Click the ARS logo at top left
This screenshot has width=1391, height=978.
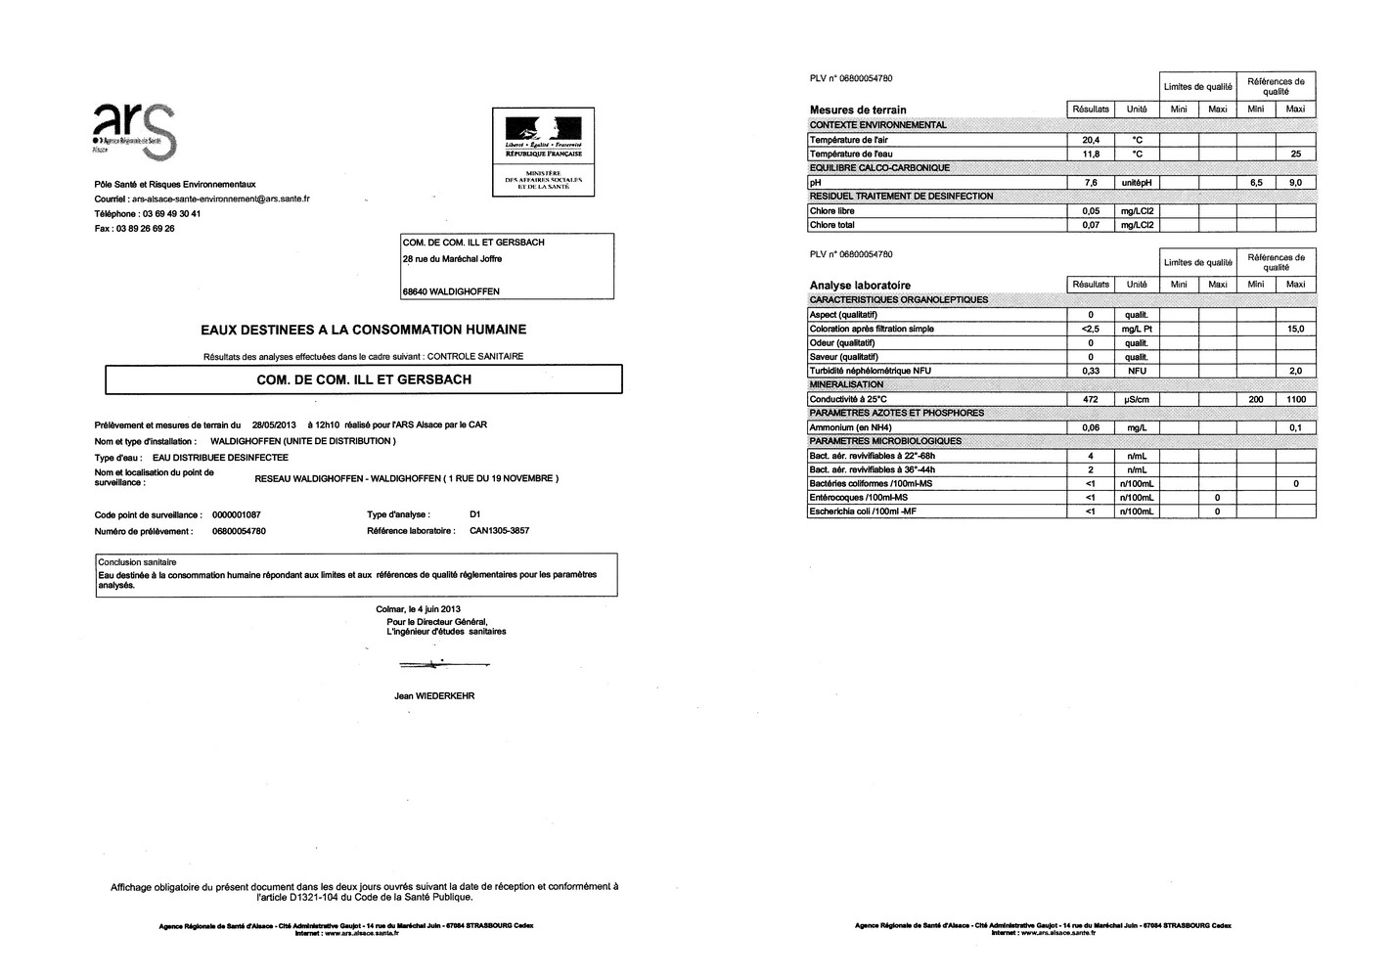click(x=134, y=130)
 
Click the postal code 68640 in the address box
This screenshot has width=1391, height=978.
click(x=417, y=291)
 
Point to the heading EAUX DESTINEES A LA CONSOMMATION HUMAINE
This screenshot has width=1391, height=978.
click(x=363, y=331)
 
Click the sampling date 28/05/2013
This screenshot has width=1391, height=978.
click(x=273, y=425)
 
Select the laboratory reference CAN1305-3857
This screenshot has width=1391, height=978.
click(x=500, y=531)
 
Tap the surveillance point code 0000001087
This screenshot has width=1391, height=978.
click(x=236, y=515)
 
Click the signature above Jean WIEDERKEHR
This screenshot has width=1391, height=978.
click(x=430, y=665)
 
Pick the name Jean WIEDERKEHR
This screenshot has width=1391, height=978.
click(x=433, y=696)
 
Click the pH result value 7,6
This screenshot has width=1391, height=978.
click(x=1091, y=183)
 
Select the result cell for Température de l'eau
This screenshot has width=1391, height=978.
click(x=1091, y=155)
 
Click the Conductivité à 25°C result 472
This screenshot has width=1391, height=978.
click(x=1091, y=400)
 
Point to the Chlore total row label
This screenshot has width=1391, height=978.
click(x=832, y=226)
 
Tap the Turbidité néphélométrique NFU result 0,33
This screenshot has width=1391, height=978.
click(x=1091, y=372)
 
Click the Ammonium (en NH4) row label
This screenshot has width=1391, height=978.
click(x=850, y=428)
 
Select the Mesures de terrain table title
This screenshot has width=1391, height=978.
click(x=858, y=110)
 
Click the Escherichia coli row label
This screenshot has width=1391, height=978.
click(x=862, y=511)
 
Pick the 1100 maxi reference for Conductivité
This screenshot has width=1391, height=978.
click(x=1295, y=400)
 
